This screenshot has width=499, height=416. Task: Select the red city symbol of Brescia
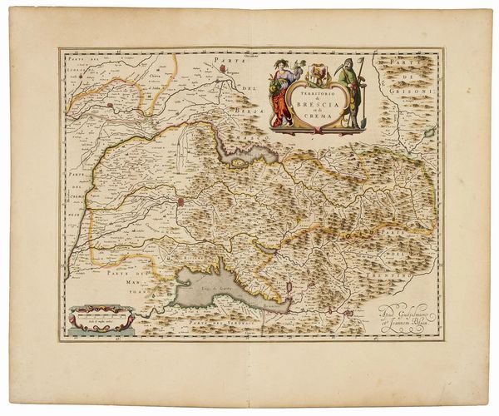[180, 202]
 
